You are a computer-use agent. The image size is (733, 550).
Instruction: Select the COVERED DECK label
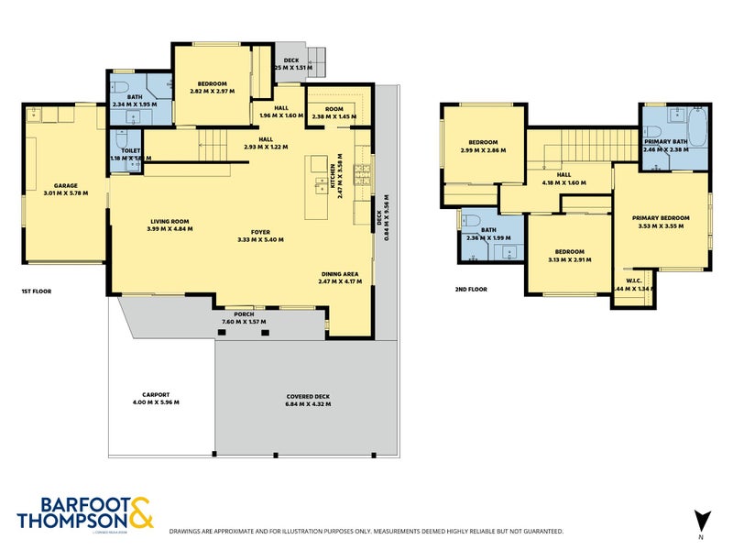click(308, 397)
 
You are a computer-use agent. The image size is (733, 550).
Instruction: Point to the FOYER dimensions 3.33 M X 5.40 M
click(260, 239)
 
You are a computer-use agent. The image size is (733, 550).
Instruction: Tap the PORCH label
click(244, 314)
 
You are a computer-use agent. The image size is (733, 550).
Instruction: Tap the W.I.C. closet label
click(633, 280)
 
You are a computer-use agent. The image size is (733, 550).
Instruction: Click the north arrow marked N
click(701, 520)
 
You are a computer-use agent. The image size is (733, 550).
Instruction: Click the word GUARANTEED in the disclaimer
click(542, 531)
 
